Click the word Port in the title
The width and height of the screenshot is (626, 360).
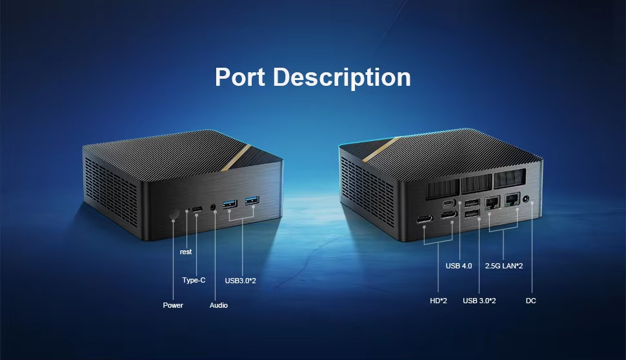tap(240, 77)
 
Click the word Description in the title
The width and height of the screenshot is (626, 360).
tap(342, 77)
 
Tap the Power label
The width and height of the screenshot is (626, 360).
tap(173, 305)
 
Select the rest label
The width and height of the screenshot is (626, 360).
tap(186, 252)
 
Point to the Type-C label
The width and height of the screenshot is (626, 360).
tap(194, 280)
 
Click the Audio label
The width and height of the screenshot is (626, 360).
tap(218, 305)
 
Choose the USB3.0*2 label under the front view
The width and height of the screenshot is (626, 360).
tap(240, 281)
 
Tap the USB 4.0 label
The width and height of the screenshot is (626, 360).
tap(459, 266)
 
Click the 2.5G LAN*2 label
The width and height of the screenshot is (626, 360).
tap(504, 266)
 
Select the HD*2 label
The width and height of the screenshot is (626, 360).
tap(438, 301)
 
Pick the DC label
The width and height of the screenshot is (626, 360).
tap(530, 301)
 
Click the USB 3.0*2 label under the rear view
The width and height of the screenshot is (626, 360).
tap(479, 301)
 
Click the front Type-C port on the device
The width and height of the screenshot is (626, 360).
tap(197, 210)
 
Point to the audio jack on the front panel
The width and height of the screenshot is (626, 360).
tap(213, 206)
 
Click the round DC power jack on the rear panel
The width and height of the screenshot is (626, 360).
tap(526, 199)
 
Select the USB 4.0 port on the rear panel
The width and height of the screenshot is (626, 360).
tap(449, 203)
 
